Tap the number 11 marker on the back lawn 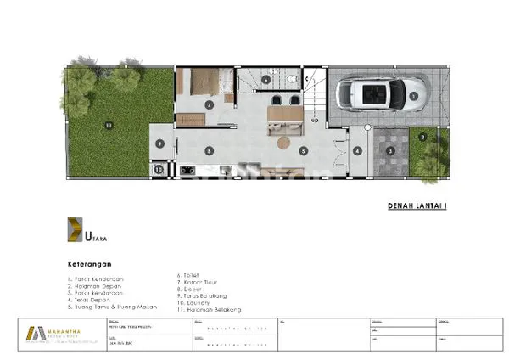108,127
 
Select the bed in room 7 204,84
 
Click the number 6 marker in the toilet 266,81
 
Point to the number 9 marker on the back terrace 159,143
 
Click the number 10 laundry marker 159,169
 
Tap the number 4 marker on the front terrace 357,151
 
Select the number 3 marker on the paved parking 389,151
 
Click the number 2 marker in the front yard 422,135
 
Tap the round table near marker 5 282,143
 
